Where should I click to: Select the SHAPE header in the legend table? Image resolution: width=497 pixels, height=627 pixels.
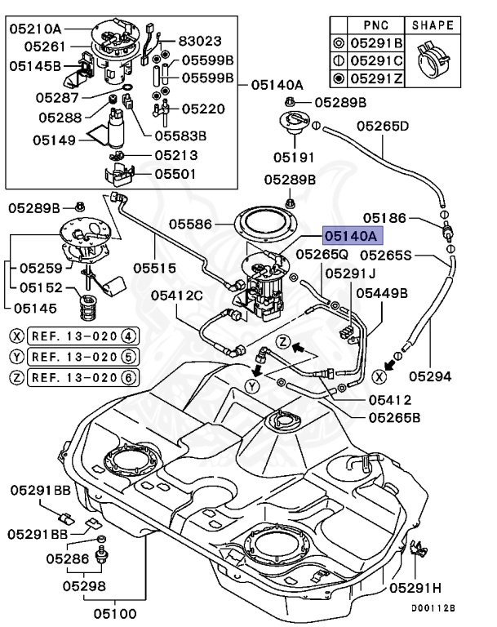(433, 25)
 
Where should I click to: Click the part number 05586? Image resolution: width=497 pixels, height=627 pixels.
(190, 223)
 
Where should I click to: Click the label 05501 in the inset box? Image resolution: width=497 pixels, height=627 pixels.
(176, 174)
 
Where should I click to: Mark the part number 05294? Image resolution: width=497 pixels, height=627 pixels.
(430, 376)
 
